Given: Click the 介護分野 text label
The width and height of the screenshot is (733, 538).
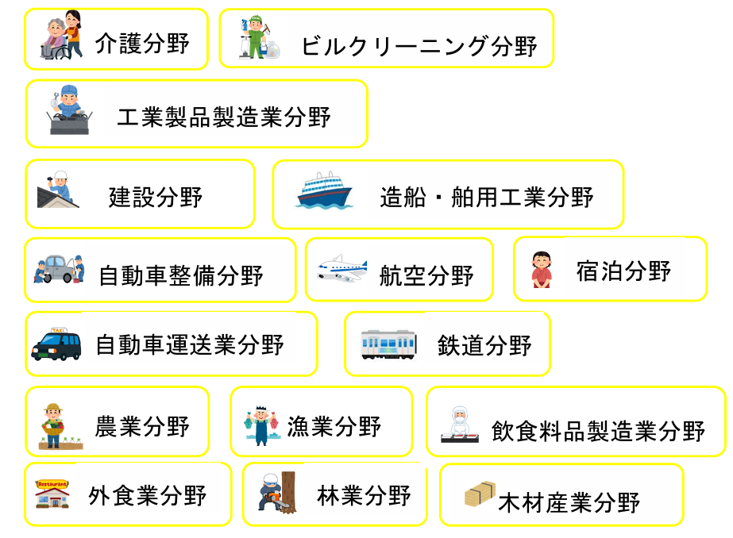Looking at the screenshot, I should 142,43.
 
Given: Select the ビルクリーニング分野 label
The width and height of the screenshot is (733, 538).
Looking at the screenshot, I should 419,46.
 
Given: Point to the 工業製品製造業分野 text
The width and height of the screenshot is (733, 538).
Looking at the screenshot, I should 223,117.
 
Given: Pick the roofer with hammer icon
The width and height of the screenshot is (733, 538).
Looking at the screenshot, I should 58,190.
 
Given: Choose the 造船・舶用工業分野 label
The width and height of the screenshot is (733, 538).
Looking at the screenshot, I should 486,197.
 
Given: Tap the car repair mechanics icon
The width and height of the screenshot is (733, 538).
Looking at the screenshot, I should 60,268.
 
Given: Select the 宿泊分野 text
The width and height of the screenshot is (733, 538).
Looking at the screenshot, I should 623,271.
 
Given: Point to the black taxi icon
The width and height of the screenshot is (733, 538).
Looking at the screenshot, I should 56,344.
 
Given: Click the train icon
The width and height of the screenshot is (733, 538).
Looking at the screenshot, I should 389,344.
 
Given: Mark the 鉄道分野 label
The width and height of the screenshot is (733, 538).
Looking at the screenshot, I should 484,345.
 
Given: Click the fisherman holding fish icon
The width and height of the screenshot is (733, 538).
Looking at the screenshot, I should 261,425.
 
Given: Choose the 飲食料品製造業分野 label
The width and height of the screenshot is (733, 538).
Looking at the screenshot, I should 597,431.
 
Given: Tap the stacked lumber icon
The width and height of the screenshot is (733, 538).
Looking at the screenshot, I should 480,495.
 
